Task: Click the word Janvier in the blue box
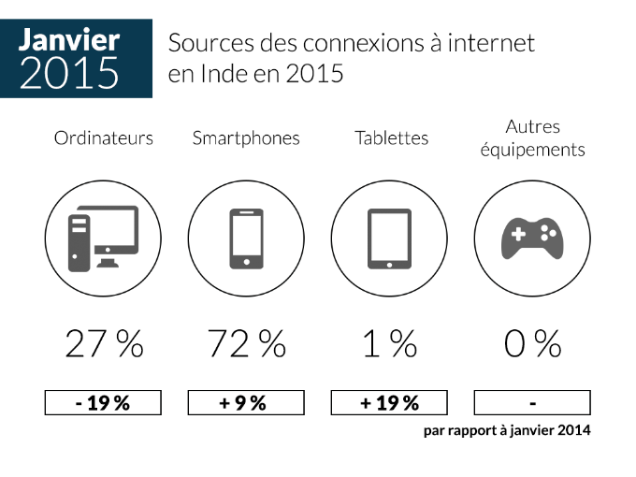coord(69,39)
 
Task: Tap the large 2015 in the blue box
coord(69,73)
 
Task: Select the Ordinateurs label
coord(104,137)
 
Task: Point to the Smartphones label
coord(246,138)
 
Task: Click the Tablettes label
coord(391,137)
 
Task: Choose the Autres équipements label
coord(532,138)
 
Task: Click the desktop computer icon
coord(103,238)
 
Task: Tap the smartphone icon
coord(246,238)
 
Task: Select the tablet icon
coord(389,238)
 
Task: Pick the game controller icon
coord(532,238)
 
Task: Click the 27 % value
coord(104,344)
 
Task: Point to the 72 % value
coord(247,344)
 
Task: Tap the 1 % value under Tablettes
coord(390,344)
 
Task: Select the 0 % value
coord(532,344)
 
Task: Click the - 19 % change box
coord(103,402)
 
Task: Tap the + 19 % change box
coord(389,402)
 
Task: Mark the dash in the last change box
coord(532,404)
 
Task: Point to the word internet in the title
coord(491,43)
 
